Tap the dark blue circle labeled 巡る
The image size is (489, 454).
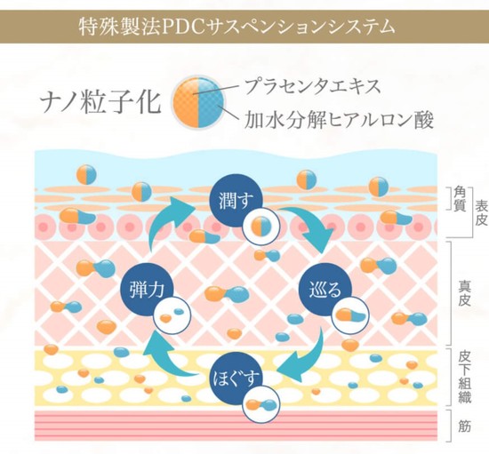click(325, 291)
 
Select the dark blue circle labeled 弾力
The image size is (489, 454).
click(147, 291)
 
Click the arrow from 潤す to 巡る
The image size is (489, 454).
click(312, 225)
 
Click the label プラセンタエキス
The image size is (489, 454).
click(313, 86)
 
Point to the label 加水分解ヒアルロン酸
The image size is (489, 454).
click(339, 120)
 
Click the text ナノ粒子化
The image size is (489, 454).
click(100, 103)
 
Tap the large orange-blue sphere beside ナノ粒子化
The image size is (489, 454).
click(198, 102)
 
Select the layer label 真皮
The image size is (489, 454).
click(464, 293)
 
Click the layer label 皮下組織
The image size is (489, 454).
click(465, 378)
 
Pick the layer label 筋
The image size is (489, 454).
click(464, 426)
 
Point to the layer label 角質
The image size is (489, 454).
click(460, 200)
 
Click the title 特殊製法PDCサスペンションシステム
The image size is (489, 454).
click(236, 27)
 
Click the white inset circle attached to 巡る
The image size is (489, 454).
click(350, 316)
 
